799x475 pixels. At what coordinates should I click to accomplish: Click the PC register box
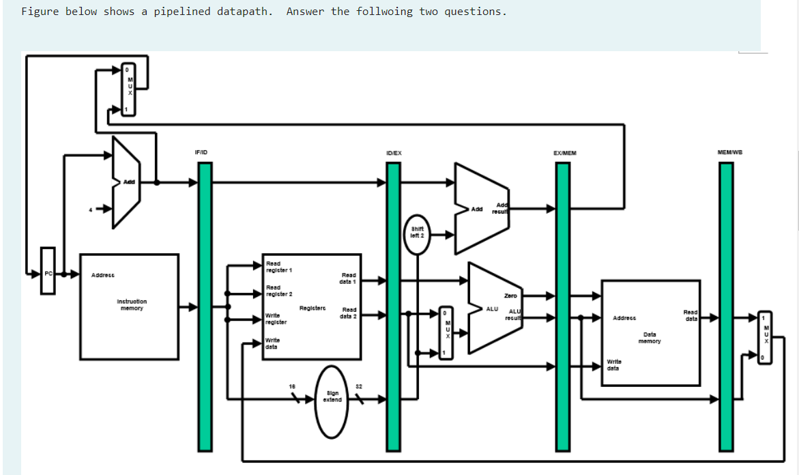pos(47,274)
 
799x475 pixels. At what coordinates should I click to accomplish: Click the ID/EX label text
pos(394,153)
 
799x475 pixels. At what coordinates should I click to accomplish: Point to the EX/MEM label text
pos(565,153)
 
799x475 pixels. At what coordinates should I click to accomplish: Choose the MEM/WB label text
pos(729,153)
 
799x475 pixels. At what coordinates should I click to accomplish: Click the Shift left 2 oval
pos(417,232)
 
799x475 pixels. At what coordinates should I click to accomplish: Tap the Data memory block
pos(650,332)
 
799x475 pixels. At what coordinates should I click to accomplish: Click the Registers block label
pos(312,308)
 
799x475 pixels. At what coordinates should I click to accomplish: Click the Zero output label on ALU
pos(510,296)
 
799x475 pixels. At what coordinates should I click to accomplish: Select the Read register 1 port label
pos(278,267)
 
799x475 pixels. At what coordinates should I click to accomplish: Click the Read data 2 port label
pos(349,313)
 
